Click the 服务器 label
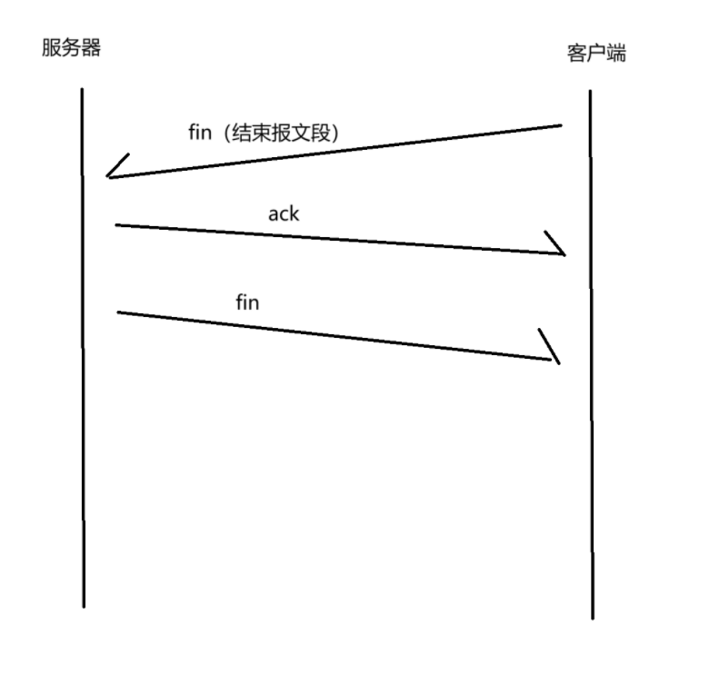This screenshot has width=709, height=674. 71,47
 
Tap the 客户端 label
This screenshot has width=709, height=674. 595,54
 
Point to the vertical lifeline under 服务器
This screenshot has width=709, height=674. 83,363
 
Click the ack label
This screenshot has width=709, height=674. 283,214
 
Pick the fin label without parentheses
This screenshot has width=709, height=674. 247,302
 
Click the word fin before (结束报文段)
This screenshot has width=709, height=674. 199,133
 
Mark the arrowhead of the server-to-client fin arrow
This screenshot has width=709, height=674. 551,350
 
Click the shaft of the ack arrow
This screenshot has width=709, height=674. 336,239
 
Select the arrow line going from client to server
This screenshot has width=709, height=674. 336,151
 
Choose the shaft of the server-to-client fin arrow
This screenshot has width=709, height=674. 336,336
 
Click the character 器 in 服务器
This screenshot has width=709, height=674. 90,47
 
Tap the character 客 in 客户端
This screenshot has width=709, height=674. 575,54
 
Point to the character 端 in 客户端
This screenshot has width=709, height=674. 615,54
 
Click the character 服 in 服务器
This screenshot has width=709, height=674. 52,47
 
